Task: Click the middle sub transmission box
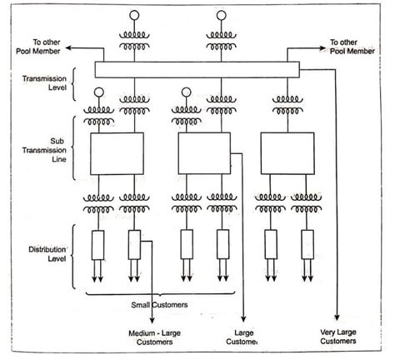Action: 203,152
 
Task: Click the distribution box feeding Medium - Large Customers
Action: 134,244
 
